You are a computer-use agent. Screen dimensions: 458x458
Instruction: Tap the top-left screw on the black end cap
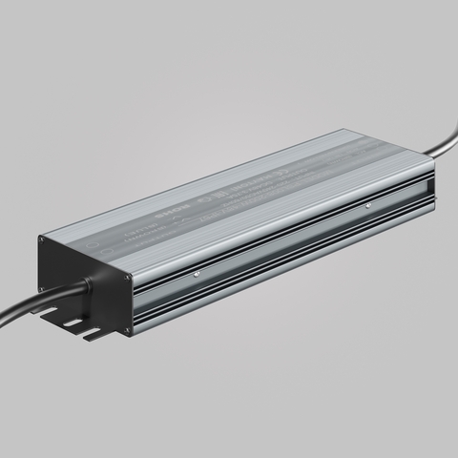[44, 242]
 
